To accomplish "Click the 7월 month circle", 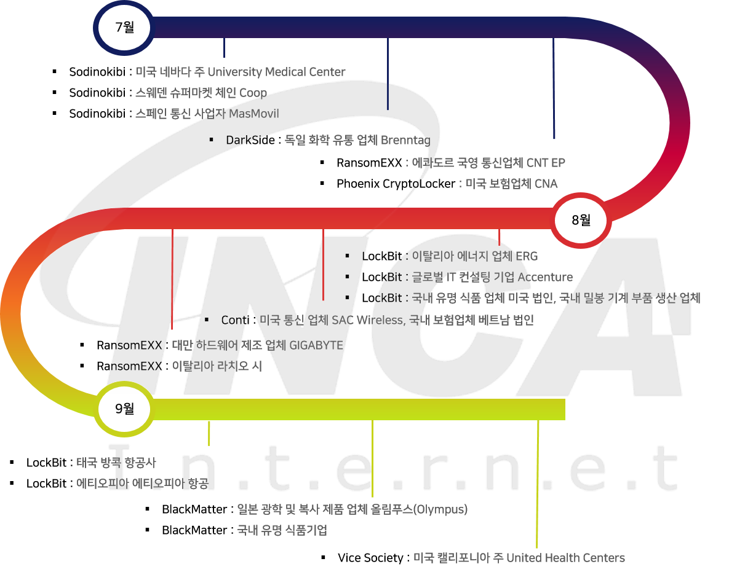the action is (x=124, y=27).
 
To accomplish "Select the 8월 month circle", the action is (x=580, y=219).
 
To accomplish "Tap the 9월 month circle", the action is (x=124, y=408).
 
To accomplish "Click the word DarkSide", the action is (x=250, y=140).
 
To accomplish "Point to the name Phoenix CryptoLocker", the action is (x=396, y=184).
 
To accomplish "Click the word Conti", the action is (x=235, y=320).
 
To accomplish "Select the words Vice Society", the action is (x=370, y=558).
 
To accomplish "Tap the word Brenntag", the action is (x=405, y=140).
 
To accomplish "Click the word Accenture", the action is (x=545, y=277).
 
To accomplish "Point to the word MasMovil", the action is (x=253, y=114).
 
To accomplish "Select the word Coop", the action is (x=253, y=93).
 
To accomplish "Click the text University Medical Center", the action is (x=276, y=72).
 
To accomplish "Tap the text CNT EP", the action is (x=546, y=163).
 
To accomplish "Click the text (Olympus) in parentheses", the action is (x=440, y=509).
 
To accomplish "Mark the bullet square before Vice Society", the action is (x=323, y=557).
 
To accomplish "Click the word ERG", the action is (x=527, y=256).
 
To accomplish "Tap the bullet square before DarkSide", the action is (x=211, y=139).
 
